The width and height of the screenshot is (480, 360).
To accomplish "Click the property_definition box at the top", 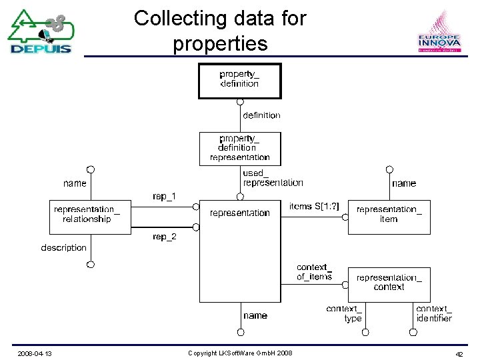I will tap(239, 81).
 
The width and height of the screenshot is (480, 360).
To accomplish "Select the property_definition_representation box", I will tap(240, 148).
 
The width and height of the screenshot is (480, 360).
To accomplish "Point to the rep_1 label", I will tap(165, 197).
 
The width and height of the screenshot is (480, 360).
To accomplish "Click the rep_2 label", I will tap(165, 237).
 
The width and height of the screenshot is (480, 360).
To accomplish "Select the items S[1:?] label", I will tap(314, 207).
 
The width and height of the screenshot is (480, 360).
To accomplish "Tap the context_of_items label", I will tap(314, 272).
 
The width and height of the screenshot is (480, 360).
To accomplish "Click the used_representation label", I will tap(273, 178).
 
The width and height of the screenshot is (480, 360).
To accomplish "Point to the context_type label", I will tap(344, 313).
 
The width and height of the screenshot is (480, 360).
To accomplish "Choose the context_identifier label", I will tap(434, 313).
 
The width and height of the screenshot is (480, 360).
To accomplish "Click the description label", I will tap(64, 247).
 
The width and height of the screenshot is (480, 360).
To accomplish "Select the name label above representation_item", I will tap(404, 183).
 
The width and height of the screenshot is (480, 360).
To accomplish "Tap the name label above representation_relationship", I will tap(75, 183).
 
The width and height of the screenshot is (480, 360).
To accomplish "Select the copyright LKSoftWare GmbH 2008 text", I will tap(239, 353).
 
